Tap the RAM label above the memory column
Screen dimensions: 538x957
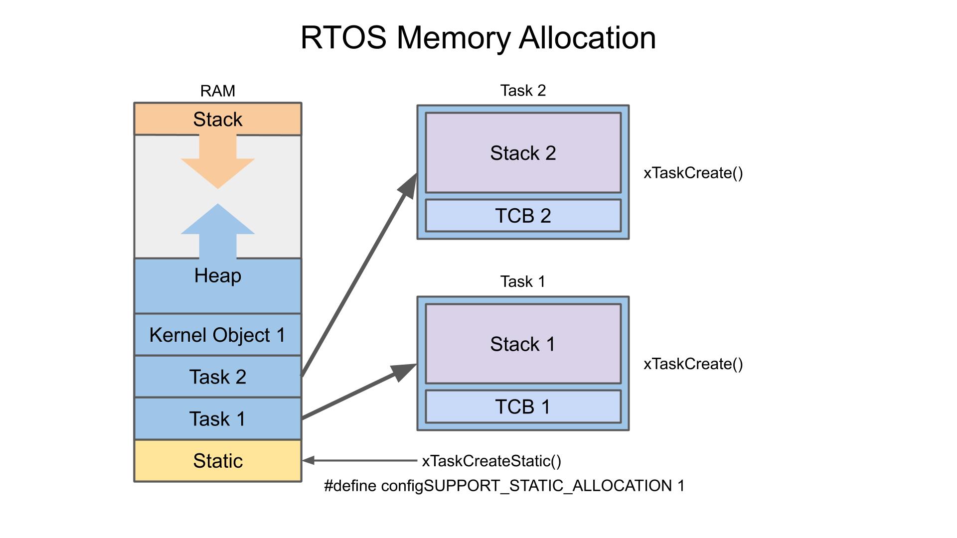(217, 91)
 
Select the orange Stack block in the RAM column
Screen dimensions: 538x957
(217, 119)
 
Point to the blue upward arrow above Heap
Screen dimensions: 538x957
(218, 229)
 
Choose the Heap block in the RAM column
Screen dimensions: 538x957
(217, 285)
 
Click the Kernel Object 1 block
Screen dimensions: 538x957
(217, 335)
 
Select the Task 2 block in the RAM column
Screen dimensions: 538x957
(217, 377)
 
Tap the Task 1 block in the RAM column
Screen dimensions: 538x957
(217, 418)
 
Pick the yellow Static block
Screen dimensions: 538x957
(217, 461)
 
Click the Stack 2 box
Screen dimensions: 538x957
(523, 153)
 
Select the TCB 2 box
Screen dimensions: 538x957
(523, 216)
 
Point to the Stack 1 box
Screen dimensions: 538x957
(523, 344)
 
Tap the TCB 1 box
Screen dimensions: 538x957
(523, 406)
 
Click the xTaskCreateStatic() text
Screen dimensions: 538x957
(491, 461)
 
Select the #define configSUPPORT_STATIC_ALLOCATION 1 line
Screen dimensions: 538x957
(504, 486)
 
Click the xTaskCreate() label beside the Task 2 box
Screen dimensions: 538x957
(693, 173)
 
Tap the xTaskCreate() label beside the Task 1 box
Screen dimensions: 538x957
(693, 364)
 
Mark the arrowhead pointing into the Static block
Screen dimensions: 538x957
(309, 461)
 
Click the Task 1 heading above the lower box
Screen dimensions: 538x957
(523, 281)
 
